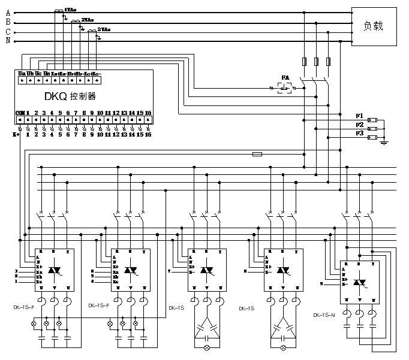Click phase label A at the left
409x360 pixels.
point(8,12)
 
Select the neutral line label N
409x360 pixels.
point(8,41)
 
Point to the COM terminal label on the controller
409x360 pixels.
point(20,113)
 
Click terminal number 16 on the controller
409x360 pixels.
point(148,113)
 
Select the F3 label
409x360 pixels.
point(359,133)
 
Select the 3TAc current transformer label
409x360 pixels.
point(103,29)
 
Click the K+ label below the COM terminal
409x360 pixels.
point(17,135)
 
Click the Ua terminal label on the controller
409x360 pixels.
point(22,74)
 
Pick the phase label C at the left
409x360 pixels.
point(8,31)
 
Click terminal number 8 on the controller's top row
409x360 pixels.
point(84,113)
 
